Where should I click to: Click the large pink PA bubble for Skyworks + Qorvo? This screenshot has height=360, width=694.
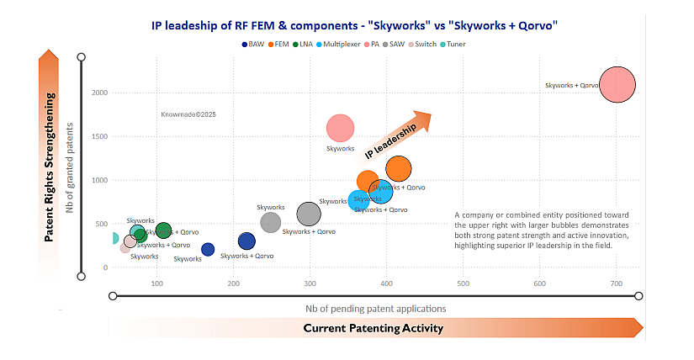(x=617, y=86)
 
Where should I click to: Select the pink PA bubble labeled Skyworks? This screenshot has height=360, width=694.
(x=340, y=129)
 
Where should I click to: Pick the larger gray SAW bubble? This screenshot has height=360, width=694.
(x=309, y=214)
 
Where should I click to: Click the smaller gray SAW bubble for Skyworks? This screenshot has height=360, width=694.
(x=270, y=222)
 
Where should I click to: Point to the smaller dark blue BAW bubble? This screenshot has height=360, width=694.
(x=208, y=249)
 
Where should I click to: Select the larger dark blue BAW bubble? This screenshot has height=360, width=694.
(x=246, y=241)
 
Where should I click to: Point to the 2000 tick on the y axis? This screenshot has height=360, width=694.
(x=99, y=93)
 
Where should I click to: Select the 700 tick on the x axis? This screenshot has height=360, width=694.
(x=616, y=283)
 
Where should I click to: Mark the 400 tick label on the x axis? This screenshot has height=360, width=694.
(x=386, y=283)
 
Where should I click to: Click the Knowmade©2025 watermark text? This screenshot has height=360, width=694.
(x=188, y=114)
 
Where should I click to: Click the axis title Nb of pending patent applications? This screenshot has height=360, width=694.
(x=375, y=309)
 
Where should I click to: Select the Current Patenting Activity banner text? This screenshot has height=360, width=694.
(x=373, y=328)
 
